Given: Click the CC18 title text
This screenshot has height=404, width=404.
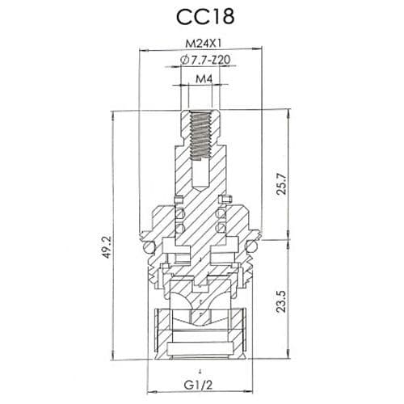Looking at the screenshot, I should (201, 19).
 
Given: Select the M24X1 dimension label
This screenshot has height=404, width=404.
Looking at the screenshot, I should (201, 44).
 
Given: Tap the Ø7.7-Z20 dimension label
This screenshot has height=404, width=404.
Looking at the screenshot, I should (204, 61).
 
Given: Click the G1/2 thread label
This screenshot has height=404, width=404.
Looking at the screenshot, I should (201, 385).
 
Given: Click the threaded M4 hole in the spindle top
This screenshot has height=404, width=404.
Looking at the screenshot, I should (201, 133).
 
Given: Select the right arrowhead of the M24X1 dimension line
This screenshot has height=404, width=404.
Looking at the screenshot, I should (260, 52).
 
